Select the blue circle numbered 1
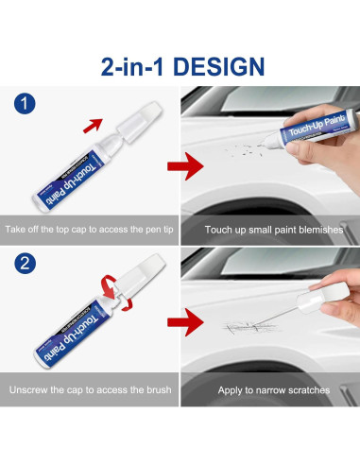pos(26,102)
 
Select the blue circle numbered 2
pos(26,262)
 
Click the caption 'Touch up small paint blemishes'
pos(269,229)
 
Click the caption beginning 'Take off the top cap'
pos(91,229)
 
